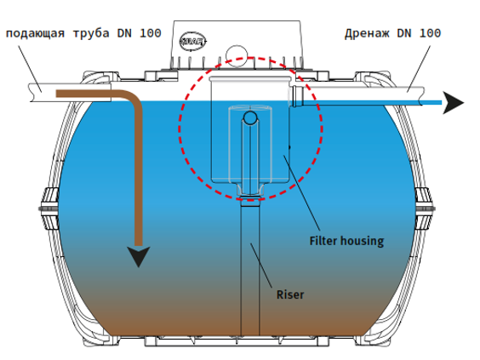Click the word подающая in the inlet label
point(36,33)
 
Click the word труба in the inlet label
point(91,34)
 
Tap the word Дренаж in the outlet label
point(368,33)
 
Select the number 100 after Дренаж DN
point(430,32)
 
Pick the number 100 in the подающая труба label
point(151,33)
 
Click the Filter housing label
point(346,241)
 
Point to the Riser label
point(290,294)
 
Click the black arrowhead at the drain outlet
point(454,103)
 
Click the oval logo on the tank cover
point(192,41)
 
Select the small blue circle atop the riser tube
point(250,118)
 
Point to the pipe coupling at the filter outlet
point(297,96)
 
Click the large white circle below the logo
point(237,55)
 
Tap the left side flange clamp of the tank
point(49,209)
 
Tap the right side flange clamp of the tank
point(425,209)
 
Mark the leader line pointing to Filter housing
point(302,193)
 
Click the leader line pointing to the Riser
point(261,266)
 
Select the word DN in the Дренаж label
point(404,33)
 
